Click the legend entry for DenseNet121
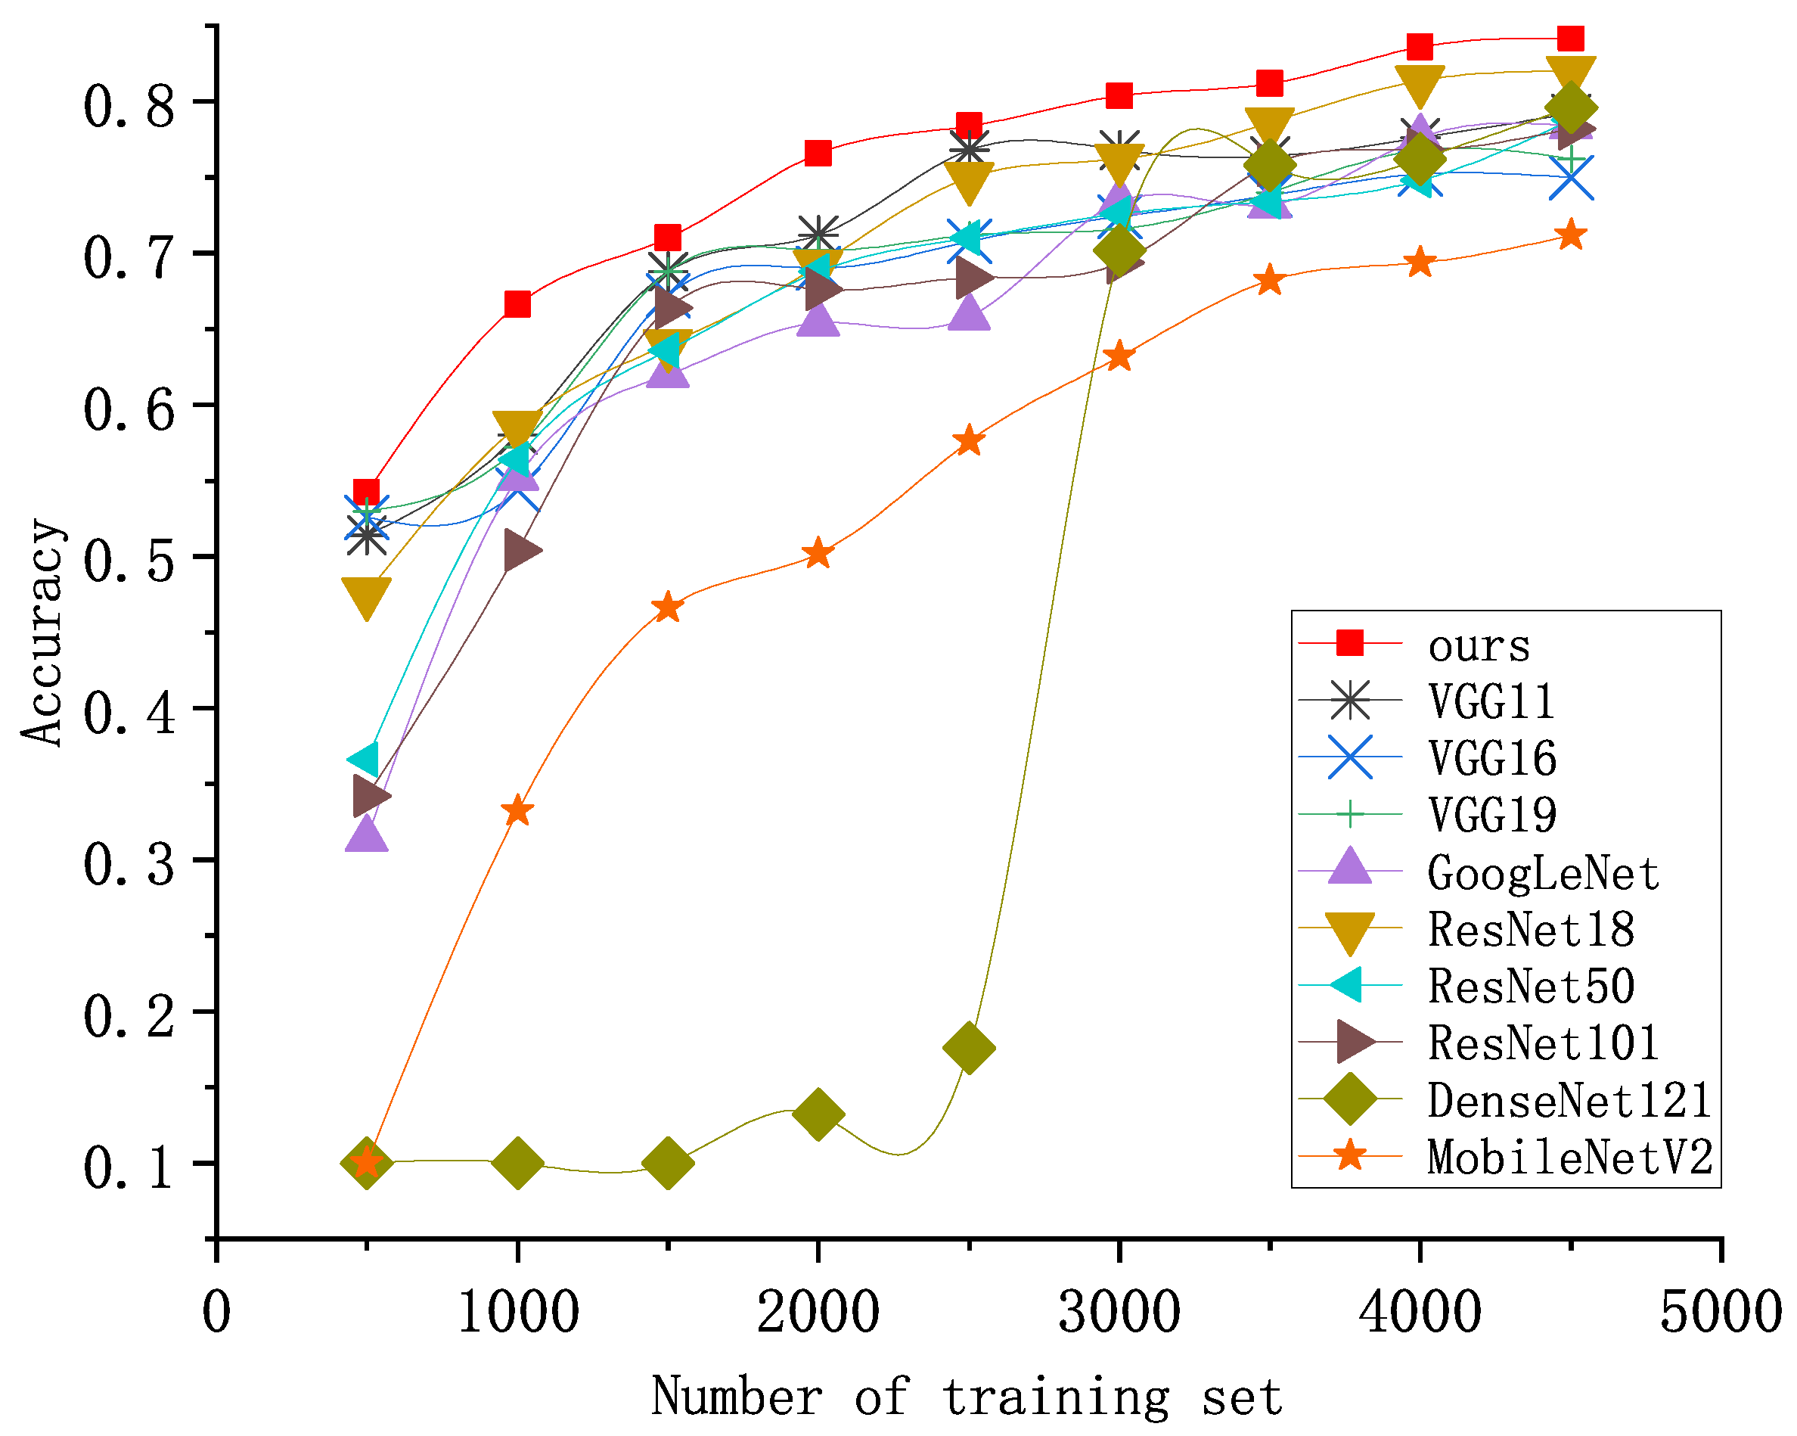pyautogui.click(x=1569, y=1101)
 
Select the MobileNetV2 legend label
pyautogui.click(x=1569, y=1158)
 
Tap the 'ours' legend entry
pyautogui.click(x=1479, y=645)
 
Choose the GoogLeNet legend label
pyautogui.click(x=1543, y=873)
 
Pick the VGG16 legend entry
pyautogui.click(x=1492, y=758)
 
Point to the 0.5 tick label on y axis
pyautogui.click(x=129, y=558)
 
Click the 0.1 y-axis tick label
pyautogui.click(x=129, y=1166)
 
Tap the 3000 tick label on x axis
pyautogui.click(x=1119, y=1312)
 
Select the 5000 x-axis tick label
pyautogui.click(x=1721, y=1312)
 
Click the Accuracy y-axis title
pyautogui.click(x=42, y=632)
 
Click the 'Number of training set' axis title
pyautogui.click(x=966, y=1396)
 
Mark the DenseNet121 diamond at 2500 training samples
pyautogui.click(x=969, y=1048)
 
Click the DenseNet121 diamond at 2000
pyautogui.click(x=818, y=1113)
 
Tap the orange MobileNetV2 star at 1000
pyautogui.click(x=517, y=810)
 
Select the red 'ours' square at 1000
pyautogui.click(x=517, y=304)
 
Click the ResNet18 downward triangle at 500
pyautogui.click(x=366, y=597)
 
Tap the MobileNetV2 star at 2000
pyautogui.click(x=818, y=553)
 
